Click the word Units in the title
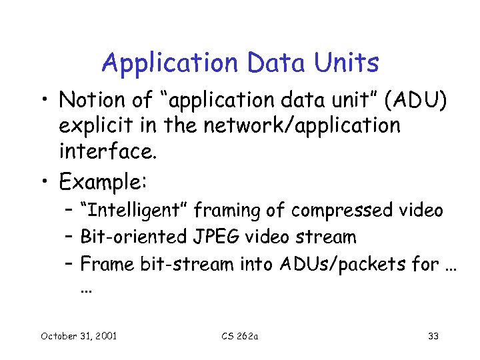point(348,63)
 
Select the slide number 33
point(433,336)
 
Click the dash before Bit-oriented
point(69,237)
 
